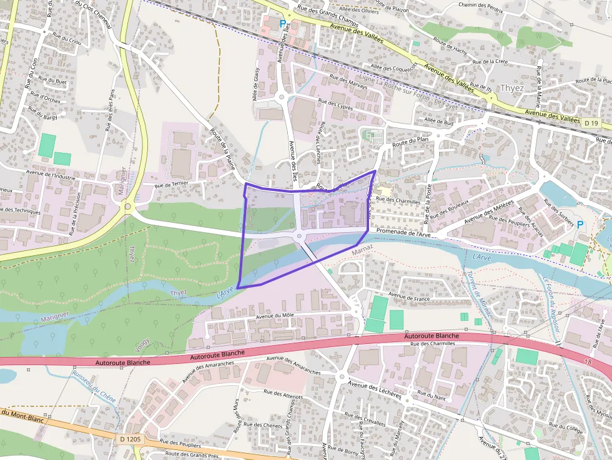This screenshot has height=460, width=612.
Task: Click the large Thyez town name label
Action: click(512, 88)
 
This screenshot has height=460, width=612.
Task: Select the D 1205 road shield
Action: click(130, 439)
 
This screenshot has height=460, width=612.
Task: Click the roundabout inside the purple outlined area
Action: click(299, 236)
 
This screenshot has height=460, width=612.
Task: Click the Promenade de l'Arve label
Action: click(403, 233)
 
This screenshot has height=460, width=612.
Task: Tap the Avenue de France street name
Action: click(410, 297)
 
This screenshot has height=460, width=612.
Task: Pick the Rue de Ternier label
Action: click(170, 184)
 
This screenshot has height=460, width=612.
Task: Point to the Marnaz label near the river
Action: click(362, 251)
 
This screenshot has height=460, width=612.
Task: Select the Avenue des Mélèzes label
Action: click(489, 213)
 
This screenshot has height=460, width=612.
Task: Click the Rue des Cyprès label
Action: click(335, 104)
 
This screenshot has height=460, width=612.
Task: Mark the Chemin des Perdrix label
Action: click(481, 5)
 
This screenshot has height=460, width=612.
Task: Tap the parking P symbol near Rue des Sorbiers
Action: click(580, 224)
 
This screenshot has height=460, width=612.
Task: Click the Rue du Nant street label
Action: click(432, 395)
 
